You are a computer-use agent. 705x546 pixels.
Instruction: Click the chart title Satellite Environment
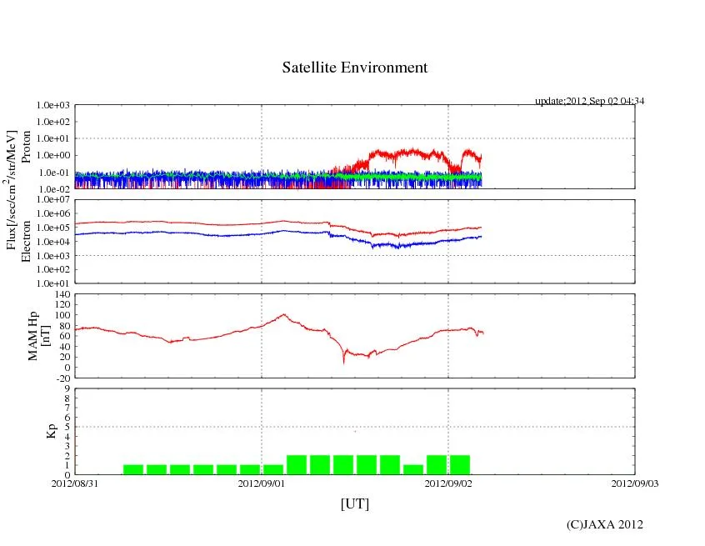point(354,68)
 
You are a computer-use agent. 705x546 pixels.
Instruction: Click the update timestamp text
point(589,101)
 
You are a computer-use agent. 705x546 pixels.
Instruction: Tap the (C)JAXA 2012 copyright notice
point(604,524)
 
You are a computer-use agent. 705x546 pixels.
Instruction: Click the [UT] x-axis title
point(354,503)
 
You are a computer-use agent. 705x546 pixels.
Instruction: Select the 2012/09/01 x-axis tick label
point(262,482)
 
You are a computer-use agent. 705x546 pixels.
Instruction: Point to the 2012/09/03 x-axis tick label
point(634,482)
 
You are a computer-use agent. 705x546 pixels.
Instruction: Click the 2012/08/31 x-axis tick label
point(75,482)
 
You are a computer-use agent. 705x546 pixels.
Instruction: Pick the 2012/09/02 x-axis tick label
point(448,482)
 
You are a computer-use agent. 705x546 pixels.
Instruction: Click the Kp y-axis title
point(52,431)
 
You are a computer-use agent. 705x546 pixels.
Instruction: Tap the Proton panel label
point(26,147)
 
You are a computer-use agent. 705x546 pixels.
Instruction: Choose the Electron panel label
point(26,241)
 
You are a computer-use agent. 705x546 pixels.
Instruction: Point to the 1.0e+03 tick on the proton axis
point(52,106)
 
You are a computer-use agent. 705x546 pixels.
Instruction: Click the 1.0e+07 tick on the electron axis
point(52,201)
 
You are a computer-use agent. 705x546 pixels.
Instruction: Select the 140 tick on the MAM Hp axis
point(62,295)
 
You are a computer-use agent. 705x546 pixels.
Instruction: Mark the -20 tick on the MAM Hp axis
point(62,378)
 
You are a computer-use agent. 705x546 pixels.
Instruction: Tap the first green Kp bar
point(133,469)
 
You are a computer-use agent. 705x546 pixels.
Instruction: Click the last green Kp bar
point(460,465)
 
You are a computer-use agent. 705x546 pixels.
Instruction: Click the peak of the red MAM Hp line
point(284,314)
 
